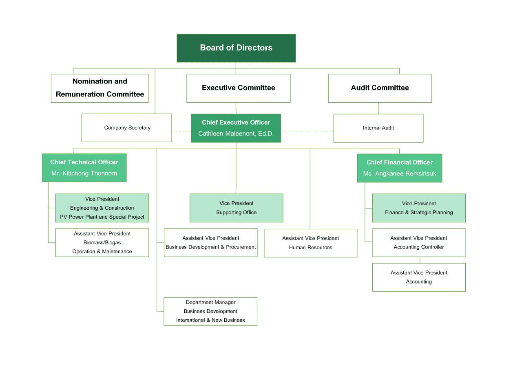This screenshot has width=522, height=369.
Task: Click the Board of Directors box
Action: [x=236, y=48]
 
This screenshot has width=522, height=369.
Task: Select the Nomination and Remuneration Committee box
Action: [x=100, y=88]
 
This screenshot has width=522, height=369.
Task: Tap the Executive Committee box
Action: [x=239, y=88]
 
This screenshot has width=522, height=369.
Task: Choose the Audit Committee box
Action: [x=380, y=88]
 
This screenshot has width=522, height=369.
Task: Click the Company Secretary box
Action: [x=126, y=128]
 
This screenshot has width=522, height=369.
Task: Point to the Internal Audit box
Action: [x=378, y=128]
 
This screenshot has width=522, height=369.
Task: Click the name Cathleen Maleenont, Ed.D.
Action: [x=236, y=134]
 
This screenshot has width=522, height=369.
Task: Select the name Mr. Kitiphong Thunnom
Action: [x=84, y=174]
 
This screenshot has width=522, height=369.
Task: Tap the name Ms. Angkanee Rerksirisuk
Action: [x=400, y=174]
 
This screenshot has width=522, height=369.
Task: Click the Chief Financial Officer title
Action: [x=400, y=163]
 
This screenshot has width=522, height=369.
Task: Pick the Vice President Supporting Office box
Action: [x=237, y=208]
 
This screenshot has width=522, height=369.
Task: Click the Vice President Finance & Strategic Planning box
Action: [x=419, y=208]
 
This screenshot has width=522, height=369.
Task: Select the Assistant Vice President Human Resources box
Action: [x=311, y=243]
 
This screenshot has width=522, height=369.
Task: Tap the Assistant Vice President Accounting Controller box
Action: [x=419, y=242]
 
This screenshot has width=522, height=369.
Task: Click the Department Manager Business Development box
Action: [x=210, y=311]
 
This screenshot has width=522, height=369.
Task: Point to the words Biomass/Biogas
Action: [x=102, y=243]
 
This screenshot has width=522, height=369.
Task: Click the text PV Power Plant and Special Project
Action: [x=102, y=217]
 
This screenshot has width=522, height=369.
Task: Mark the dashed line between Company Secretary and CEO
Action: [x=181, y=131]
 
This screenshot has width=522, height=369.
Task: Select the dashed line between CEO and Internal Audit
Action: [x=307, y=131]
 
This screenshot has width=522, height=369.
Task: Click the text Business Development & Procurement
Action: [x=211, y=247]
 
